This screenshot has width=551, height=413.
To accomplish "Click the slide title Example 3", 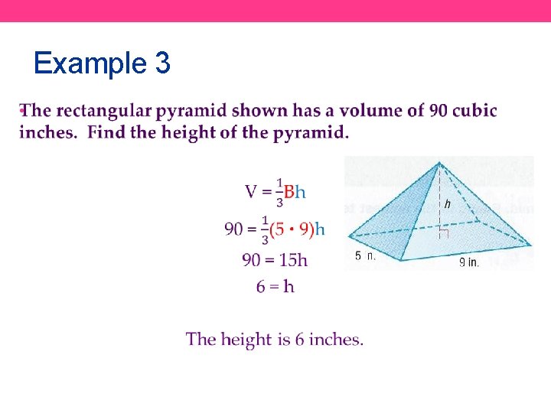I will click(x=102, y=63).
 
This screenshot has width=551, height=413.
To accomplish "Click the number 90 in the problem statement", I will click(x=439, y=111).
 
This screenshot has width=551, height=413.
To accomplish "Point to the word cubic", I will click(x=474, y=111).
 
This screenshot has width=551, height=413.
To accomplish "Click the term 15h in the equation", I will click(x=294, y=260).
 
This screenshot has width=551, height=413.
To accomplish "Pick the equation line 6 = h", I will click(x=275, y=287).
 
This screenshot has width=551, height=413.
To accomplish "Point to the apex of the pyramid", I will click(x=439, y=162).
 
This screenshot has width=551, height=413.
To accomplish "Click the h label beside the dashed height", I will click(x=447, y=204).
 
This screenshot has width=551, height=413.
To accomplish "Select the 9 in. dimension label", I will click(x=468, y=262).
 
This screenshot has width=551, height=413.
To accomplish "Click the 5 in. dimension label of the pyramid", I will click(x=365, y=256).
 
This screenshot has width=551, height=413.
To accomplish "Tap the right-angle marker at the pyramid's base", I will click(x=443, y=234).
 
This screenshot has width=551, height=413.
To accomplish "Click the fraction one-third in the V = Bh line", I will click(x=279, y=192).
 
